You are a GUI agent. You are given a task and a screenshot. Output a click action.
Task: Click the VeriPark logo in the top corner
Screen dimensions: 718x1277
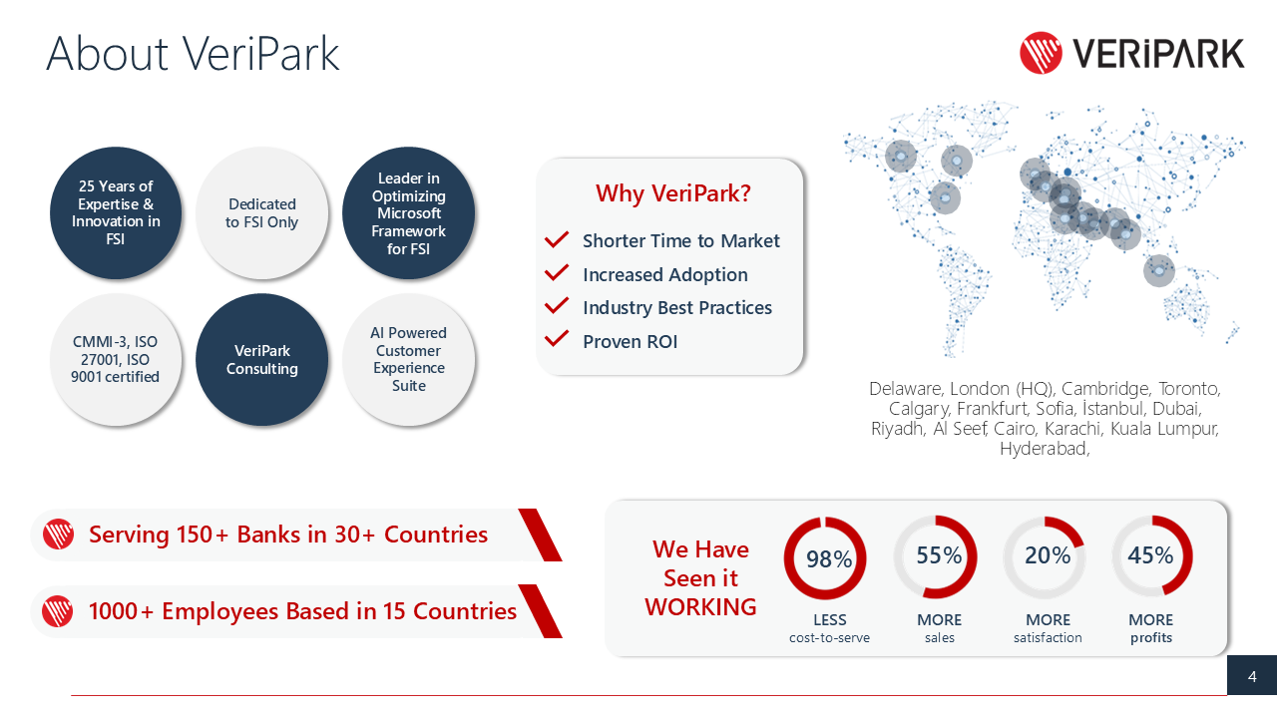pos(1131,52)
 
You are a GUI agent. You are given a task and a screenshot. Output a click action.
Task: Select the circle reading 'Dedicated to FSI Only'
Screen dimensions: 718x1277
pos(262,213)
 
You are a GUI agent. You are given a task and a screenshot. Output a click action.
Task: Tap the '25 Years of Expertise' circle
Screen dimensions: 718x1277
pos(116,213)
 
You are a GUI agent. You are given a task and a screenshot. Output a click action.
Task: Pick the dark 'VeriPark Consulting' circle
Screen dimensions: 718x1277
pos(262,360)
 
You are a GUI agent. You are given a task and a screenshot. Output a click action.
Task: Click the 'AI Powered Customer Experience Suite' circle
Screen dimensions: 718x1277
pos(409,359)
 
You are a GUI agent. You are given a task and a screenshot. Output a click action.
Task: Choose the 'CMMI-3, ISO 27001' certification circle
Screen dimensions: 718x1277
pos(116,360)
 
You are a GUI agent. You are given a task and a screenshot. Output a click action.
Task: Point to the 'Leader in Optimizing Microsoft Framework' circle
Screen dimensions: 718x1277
pos(409,213)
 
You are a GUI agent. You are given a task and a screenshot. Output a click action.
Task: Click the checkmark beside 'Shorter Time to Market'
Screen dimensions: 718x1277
pos(557,241)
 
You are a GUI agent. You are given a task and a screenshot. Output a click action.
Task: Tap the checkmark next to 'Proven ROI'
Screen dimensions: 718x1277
pos(557,341)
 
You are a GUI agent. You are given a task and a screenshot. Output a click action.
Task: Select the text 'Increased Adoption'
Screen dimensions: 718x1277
pos(664,275)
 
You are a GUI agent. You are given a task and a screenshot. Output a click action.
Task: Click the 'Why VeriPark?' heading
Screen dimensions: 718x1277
pos(672,193)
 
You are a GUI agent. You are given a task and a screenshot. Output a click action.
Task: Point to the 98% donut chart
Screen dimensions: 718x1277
pos(825,558)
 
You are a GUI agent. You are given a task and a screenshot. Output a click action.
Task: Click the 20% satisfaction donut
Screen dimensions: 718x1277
pos(1045,557)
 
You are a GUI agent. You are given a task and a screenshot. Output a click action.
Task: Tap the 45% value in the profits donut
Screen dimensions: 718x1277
pos(1150,556)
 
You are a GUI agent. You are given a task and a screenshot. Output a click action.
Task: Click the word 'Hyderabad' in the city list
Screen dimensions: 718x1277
pos(1042,449)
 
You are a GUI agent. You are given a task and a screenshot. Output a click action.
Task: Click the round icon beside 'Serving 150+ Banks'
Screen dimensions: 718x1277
pos(58,536)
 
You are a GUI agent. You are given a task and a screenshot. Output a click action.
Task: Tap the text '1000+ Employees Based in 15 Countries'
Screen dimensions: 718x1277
pos(302,611)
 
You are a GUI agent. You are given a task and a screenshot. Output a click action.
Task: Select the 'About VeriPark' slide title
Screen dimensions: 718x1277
pos(193,53)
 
